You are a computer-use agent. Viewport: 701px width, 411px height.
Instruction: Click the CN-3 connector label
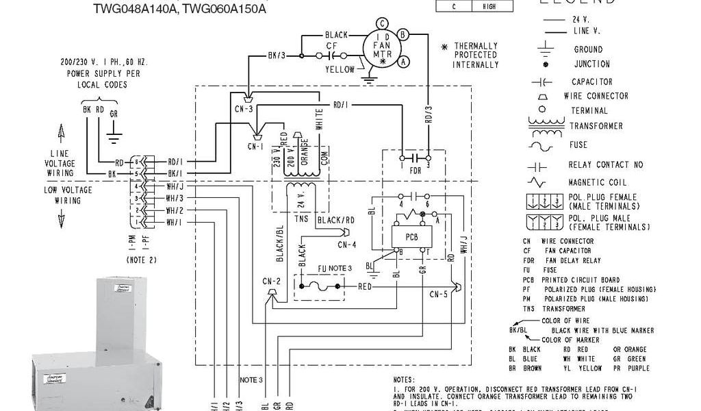[x=244, y=108]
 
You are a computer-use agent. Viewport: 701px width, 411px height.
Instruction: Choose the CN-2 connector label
[x=272, y=280]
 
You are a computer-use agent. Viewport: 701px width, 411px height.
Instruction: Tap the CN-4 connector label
[x=347, y=245]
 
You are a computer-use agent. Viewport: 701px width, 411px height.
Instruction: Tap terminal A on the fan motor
[x=404, y=61]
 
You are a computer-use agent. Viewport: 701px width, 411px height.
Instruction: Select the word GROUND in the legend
[x=588, y=49]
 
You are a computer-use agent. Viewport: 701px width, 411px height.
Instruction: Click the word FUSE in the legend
[x=578, y=145]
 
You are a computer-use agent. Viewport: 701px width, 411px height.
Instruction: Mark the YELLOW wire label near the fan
[x=340, y=69]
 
